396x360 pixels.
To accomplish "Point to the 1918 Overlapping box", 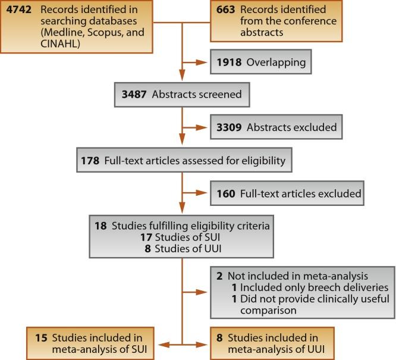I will point(260,61).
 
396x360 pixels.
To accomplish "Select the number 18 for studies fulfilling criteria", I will point(100,226).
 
